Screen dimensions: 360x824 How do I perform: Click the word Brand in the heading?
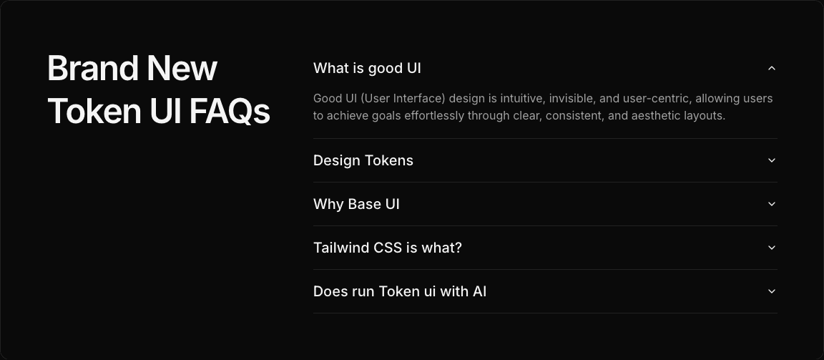pos(92,69)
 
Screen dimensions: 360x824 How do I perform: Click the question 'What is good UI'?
pos(367,68)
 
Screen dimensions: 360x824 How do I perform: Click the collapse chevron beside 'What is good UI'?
pos(771,68)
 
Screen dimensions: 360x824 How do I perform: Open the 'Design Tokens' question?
pos(363,160)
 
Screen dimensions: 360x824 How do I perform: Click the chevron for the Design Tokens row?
pos(771,160)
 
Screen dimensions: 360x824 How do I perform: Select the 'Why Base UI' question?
pos(356,204)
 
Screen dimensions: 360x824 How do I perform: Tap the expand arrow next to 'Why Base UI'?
pos(771,204)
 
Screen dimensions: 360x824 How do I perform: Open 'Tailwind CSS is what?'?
pos(388,248)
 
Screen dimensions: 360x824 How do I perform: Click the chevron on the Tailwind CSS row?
pos(771,248)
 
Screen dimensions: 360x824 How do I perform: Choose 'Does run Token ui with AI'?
pos(400,291)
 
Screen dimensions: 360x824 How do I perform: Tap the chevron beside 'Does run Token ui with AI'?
pos(771,291)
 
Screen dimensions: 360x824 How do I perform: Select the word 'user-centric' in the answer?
pos(656,99)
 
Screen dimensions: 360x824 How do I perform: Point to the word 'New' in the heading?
pos(182,69)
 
